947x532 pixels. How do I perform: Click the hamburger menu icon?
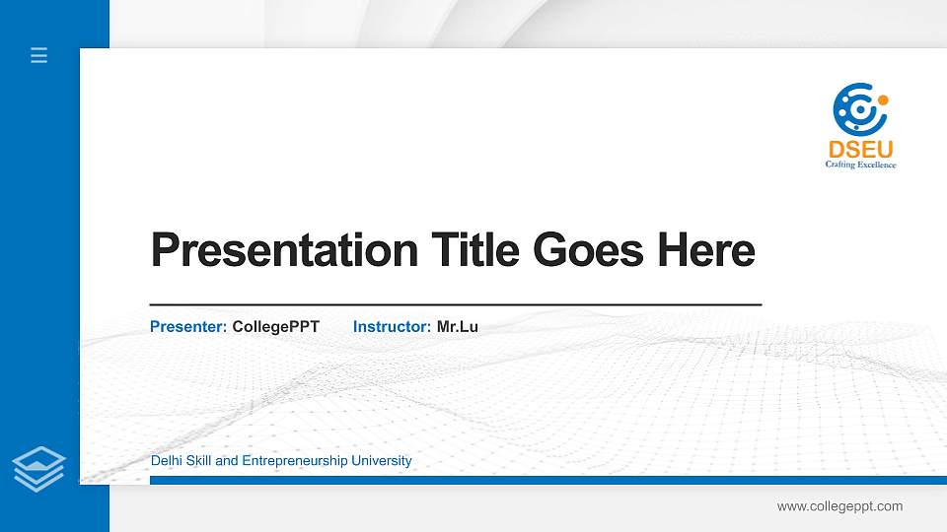[x=38, y=55]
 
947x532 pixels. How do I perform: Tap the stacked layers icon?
[x=38, y=468]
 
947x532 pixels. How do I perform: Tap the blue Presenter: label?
[x=188, y=326]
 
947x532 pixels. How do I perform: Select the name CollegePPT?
[x=276, y=326]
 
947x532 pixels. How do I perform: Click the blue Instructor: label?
[x=392, y=326]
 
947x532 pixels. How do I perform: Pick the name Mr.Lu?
[x=458, y=326]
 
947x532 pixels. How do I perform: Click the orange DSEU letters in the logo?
[x=860, y=150]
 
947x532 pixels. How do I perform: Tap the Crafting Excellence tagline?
[x=860, y=166]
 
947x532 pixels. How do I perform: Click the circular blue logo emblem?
[x=855, y=108]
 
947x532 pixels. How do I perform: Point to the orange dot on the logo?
[x=883, y=100]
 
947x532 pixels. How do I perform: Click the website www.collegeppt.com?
[x=839, y=506]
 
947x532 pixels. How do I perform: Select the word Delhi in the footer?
[x=166, y=461]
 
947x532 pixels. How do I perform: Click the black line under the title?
[x=455, y=305]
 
